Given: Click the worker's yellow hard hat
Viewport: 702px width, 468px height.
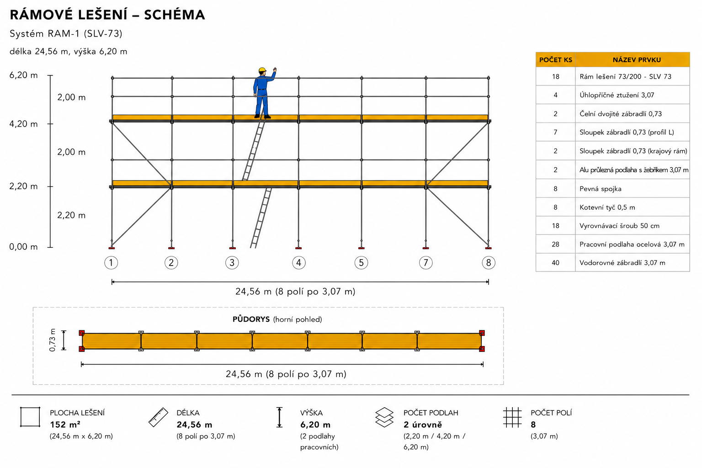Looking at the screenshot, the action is tap(262, 70).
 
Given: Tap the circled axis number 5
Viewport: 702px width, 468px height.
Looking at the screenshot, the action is tap(361, 263).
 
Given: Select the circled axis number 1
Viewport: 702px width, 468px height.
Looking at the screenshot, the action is tap(111, 263).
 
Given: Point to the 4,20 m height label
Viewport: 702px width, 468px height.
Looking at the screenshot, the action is tap(23, 124).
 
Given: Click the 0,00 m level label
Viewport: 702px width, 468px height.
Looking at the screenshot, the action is tap(23, 247).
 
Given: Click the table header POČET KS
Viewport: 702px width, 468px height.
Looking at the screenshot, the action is tap(556, 60).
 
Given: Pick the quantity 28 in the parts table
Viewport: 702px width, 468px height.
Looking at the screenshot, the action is tap(555, 244).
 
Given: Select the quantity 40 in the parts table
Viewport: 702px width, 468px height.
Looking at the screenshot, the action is tap(555, 263).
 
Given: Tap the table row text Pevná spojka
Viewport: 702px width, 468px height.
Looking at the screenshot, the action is tap(600, 189).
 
